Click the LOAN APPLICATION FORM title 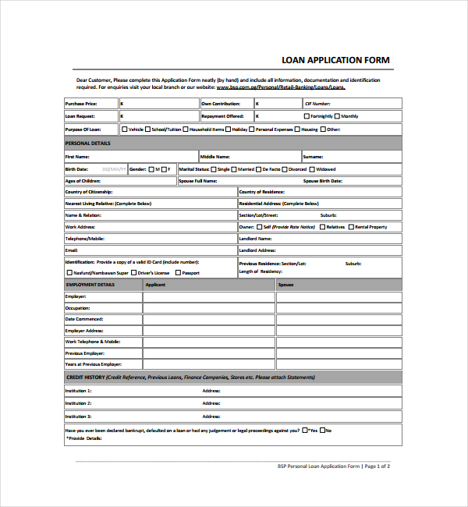click(x=335, y=60)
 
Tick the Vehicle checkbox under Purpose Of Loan click(x=125, y=129)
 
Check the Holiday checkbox click(x=229, y=129)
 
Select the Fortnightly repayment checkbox click(x=307, y=116)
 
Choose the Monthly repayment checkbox click(x=337, y=116)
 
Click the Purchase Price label click(x=81, y=103)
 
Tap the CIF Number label click(x=317, y=103)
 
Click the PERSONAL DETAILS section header click(x=87, y=143)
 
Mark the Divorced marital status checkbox click(x=285, y=169)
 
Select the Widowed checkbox click(x=312, y=169)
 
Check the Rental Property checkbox click(x=352, y=227)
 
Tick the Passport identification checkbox click(x=178, y=273)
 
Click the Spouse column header click(x=286, y=285)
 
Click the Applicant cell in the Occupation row click(x=208, y=308)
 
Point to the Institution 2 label click(x=78, y=403)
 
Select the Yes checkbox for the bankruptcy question click(x=306, y=430)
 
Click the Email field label click(x=72, y=250)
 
